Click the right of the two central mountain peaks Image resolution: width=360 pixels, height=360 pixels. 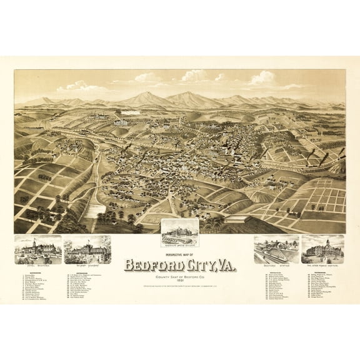(x=187, y=96)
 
